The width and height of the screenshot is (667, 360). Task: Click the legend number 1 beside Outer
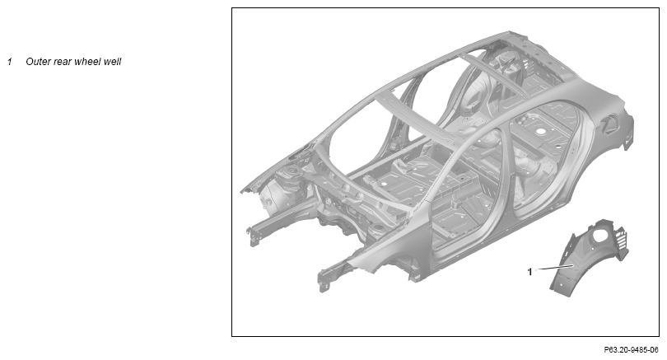[x=9, y=62]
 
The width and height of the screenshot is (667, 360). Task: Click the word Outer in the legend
[x=38, y=62]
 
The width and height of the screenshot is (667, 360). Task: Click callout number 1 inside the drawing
[x=529, y=272]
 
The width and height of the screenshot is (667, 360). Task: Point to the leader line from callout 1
[x=554, y=267]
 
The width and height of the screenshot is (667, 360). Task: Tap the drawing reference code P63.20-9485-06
[x=631, y=350]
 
